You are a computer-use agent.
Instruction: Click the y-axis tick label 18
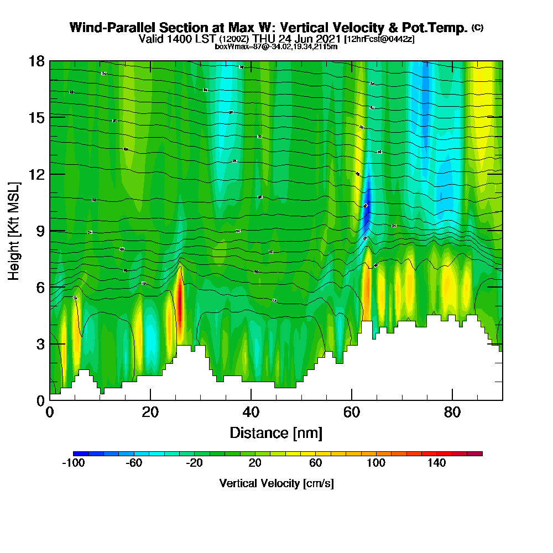pyautogui.click(x=36, y=61)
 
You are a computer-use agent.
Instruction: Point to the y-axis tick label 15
pyautogui.click(x=36, y=117)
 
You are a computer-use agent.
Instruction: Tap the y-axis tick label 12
pyautogui.click(x=36, y=174)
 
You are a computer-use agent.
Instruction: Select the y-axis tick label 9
pyautogui.click(x=40, y=231)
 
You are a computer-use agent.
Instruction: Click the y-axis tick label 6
pyautogui.click(x=40, y=287)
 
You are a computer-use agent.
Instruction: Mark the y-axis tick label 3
pyautogui.click(x=40, y=343)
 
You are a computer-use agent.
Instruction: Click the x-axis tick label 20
pyautogui.click(x=150, y=412)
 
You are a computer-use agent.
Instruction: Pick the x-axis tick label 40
pyautogui.click(x=251, y=412)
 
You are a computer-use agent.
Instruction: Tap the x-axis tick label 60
pyautogui.click(x=352, y=412)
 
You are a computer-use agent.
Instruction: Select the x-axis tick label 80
pyautogui.click(x=452, y=412)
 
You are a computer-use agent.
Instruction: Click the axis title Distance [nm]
pyautogui.click(x=276, y=432)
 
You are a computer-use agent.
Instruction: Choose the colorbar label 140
pyautogui.click(x=437, y=463)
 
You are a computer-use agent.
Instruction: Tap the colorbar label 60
pyautogui.click(x=315, y=463)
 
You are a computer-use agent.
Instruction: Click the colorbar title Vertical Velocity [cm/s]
pyautogui.click(x=276, y=483)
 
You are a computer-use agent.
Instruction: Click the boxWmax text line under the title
pyautogui.click(x=276, y=47)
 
